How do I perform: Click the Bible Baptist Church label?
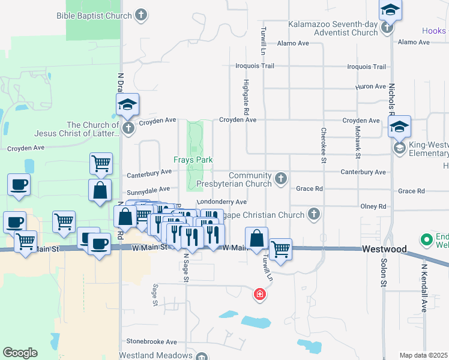coord(94,16)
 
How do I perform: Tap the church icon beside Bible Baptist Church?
coord(141,15)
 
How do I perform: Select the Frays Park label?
coord(193,160)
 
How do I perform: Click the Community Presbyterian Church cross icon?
coord(280,178)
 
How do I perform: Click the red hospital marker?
coord(259,294)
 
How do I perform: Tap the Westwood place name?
coord(384,249)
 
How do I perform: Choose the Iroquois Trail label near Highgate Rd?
coord(254,66)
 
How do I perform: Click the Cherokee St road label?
coord(324,145)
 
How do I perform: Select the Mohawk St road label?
coord(357,146)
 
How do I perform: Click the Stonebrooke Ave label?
coord(151,341)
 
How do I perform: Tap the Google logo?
coord(20,353)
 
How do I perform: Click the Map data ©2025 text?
coord(423,355)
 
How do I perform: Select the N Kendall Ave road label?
coord(424,289)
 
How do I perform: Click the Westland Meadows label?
coord(155,355)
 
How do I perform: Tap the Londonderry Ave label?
coord(221,202)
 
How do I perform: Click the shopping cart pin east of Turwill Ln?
coord(280,249)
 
